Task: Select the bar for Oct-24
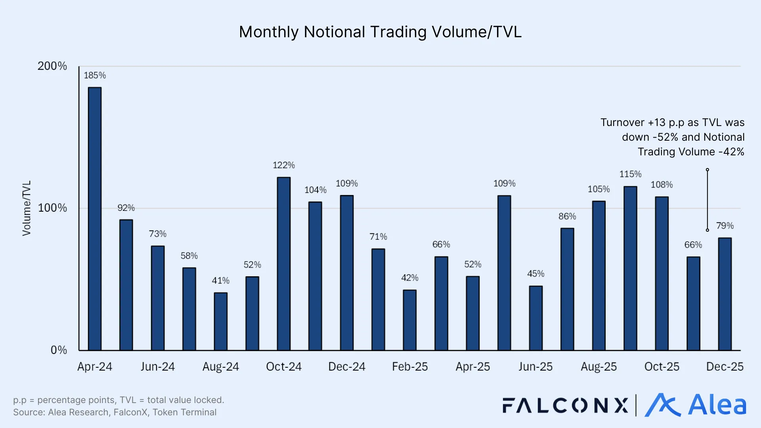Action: point(283,264)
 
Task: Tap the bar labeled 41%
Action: point(220,321)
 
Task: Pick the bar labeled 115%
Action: point(630,268)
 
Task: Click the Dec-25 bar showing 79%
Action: point(725,294)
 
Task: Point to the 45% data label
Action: point(535,274)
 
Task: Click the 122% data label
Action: point(283,165)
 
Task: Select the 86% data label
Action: point(567,216)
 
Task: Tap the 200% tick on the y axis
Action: point(52,66)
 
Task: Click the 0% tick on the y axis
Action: point(59,350)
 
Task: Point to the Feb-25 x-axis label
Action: point(409,367)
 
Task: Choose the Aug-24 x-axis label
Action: point(220,367)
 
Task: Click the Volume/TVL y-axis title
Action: point(27,208)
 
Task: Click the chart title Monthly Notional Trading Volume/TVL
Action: point(380,32)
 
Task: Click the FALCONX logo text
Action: point(565,405)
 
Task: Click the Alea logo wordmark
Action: point(717,405)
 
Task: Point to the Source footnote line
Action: point(115,412)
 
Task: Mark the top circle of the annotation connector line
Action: point(707,170)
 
